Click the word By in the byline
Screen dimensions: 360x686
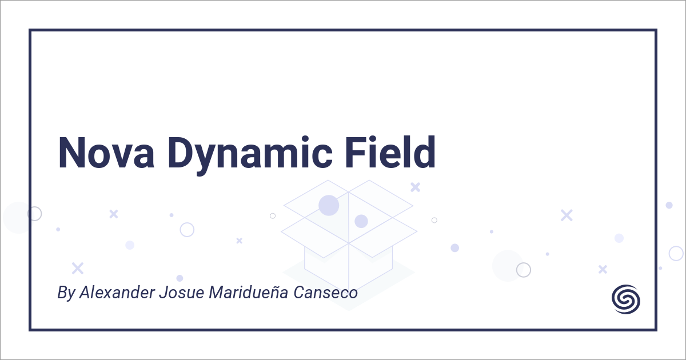pos(66,293)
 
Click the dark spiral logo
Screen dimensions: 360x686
pos(626,298)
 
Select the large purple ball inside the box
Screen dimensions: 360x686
pos(329,205)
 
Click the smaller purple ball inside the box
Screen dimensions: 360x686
pos(361,221)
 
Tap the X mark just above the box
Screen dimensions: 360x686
pos(416,187)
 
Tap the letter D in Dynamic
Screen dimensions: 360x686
pos(178,153)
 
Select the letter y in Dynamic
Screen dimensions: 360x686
pos(208,157)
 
